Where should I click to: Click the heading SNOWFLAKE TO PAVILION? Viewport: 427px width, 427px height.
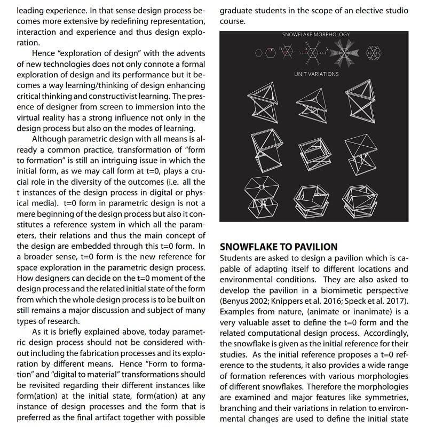(279, 247)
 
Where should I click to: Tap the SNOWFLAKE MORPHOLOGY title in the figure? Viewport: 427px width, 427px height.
(316, 35)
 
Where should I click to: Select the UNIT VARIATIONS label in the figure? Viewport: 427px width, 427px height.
(316, 74)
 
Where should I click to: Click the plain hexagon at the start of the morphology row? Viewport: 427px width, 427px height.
(258, 52)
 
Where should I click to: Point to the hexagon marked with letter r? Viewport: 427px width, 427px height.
(271, 52)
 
